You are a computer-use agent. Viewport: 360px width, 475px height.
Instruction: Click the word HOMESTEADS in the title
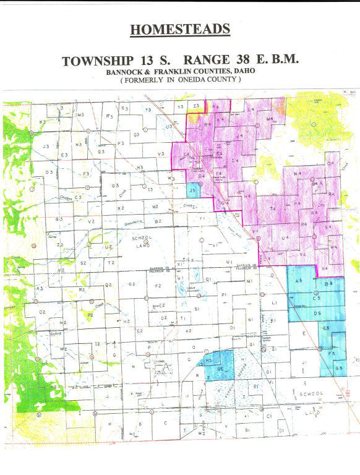click(x=180, y=30)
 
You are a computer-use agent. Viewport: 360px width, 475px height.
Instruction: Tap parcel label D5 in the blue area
click(x=317, y=314)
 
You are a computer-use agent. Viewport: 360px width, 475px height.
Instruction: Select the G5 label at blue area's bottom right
click(x=338, y=368)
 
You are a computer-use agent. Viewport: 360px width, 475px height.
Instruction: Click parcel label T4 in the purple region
click(x=273, y=210)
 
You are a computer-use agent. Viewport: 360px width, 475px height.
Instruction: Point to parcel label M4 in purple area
click(x=270, y=118)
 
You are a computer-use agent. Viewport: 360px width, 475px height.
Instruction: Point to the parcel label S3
click(x=124, y=108)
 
